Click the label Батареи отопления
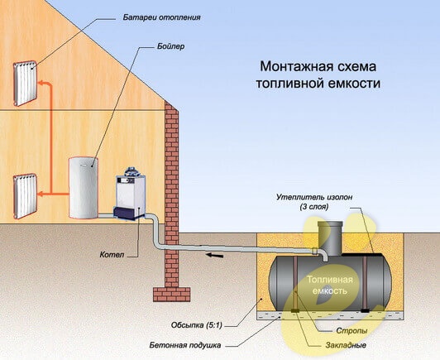pos(161,17)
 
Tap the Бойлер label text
pos(171,46)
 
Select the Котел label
pos(112,255)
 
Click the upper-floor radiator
pos(25,84)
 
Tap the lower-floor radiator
pos(25,196)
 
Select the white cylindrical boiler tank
pos(84,188)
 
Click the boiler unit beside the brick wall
pos(130,194)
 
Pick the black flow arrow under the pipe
pos(215,255)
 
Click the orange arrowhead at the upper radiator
pos(41,83)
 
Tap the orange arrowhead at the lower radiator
pos(41,194)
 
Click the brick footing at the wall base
pos(172,294)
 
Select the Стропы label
pos(352,331)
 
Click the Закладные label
pos(346,345)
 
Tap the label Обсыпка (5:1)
pos(197,325)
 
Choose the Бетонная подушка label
pos(185,345)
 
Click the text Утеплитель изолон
pos(314,197)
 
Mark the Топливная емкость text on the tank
pos(330,285)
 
